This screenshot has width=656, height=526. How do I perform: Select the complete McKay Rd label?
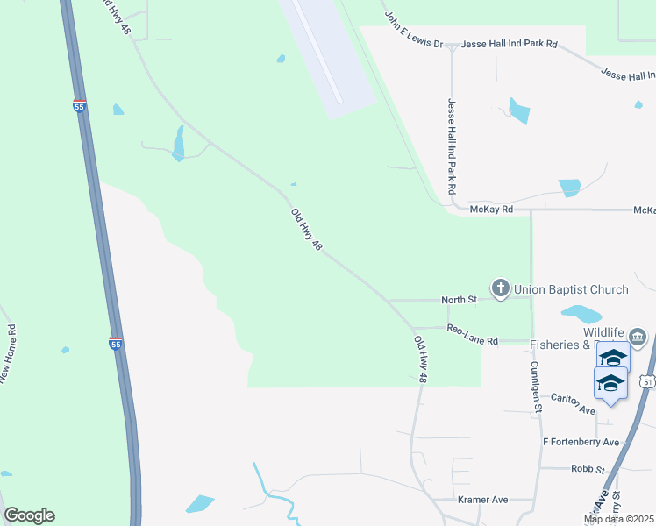(x=490, y=210)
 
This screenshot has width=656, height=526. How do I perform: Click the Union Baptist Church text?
(x=571, y=289)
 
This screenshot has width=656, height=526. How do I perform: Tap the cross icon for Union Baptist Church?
(x=501, y=288)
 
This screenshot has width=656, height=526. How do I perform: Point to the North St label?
(x=459, y=300)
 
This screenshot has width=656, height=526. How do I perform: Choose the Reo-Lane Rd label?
(x=472, y=334)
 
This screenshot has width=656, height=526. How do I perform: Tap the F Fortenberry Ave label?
(x=581, y=442)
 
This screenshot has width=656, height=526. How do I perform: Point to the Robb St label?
(x=588, y=470)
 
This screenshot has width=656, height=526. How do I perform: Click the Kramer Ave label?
(x=483, y=500)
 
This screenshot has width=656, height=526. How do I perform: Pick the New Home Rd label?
(x=12, y=355)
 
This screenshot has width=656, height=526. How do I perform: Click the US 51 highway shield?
(x=647, y=381)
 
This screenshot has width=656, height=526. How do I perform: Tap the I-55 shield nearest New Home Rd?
(x=115, y=344)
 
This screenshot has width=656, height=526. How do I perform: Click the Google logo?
(x=29, y=515)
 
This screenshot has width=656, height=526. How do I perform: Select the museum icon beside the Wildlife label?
(x=638, y=337)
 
